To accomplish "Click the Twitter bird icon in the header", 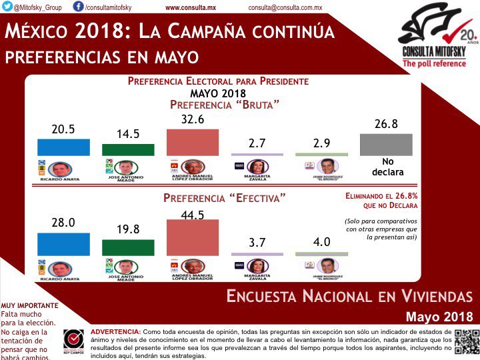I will (x=7, y=6).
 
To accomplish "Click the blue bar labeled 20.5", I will (x=63, y=147).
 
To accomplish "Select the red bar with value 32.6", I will (x=193, y=141).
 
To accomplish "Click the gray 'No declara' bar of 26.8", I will (x=386, y=145).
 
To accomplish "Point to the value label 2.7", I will (x=257, y=141).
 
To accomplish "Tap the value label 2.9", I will (x=321, y=141).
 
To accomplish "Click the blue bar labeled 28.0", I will (x=63, y=243).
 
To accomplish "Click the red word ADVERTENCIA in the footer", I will (x=115, y=331).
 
